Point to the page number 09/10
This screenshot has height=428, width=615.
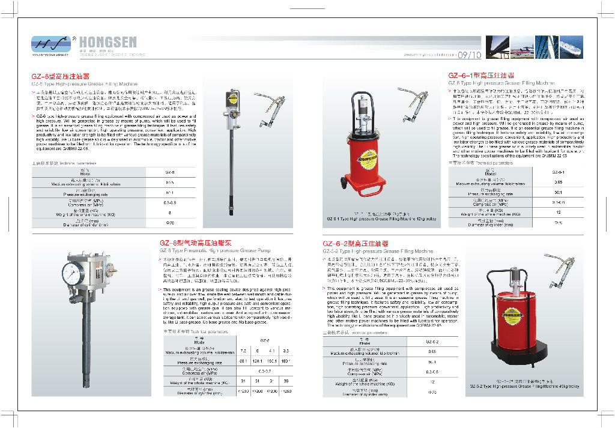point(469,55)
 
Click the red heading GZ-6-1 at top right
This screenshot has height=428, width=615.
point(481,76)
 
